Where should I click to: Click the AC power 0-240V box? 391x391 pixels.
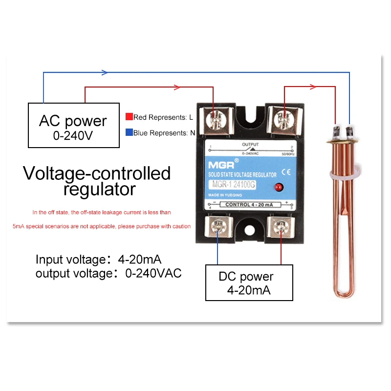[73, 125]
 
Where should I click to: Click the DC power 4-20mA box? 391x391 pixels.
[249, 282]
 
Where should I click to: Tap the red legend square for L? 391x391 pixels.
[129, 117]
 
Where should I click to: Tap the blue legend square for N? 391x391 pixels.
[129, 132]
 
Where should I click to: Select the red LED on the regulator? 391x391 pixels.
[279, 186]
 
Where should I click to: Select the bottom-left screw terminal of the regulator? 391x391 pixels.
[217, 226]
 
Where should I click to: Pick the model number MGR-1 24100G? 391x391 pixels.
[237, 185]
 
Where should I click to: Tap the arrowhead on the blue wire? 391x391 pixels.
[104, 72]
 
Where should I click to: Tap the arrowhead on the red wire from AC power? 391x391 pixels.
[177, 87]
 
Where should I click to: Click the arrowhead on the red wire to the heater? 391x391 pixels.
[313, 87]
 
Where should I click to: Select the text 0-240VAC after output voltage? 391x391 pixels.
[153, 273]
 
